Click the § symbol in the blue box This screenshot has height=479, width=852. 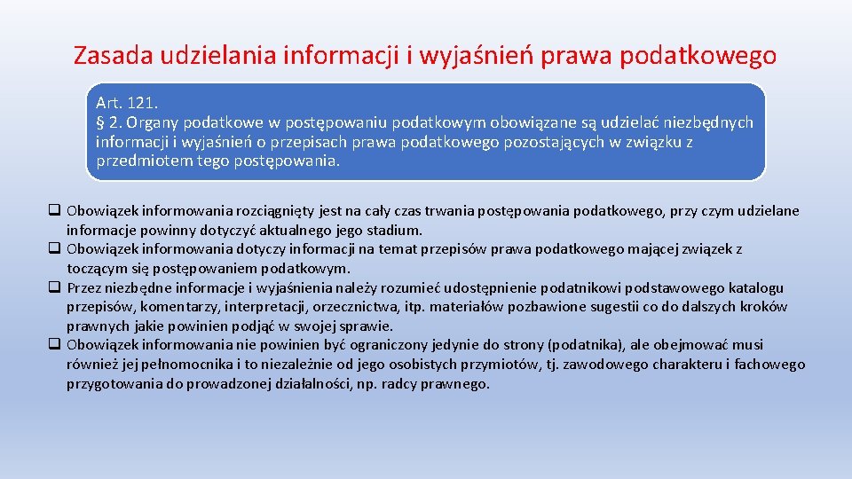(x=100, y=122)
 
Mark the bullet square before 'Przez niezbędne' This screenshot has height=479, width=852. (x=55, y=287)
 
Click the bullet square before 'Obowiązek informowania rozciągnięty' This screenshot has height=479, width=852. (x=55, y=211)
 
